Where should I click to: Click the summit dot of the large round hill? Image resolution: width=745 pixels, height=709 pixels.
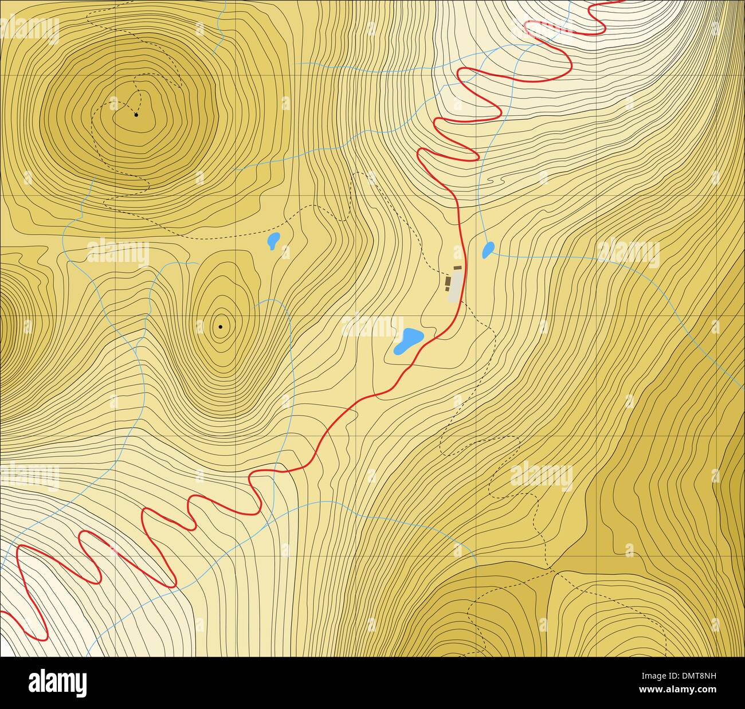click(136, 115)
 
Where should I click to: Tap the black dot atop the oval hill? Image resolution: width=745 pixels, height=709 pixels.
click(221, 327)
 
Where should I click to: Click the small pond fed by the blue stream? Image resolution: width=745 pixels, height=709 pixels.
click(488, 250)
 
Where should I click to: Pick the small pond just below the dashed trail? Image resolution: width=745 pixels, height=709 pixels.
click(274, 241)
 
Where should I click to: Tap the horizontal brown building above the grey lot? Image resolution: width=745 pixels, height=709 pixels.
click(457, 268)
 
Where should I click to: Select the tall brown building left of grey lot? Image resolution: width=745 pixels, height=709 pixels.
click(448, 284)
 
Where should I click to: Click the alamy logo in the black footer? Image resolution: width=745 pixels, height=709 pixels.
click(57, 683)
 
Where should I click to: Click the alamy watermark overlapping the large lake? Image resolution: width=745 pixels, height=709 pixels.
click(372, 327)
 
